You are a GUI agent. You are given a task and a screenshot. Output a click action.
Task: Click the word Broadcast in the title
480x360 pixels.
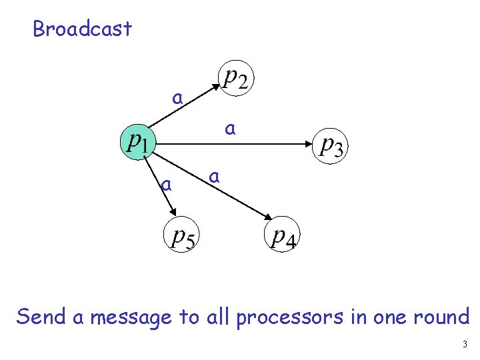pos(82,29)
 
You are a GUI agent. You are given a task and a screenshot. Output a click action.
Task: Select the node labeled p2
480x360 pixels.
pos(235,79)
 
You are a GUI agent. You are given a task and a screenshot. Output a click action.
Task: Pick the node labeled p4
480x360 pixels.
pos(283,236)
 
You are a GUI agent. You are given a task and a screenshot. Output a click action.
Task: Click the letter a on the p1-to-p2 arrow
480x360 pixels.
pos(177,98)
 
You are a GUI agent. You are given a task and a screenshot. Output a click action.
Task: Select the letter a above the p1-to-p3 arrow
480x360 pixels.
pos(230,128)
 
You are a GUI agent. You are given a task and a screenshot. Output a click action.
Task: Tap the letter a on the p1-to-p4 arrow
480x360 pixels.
pos(213,177)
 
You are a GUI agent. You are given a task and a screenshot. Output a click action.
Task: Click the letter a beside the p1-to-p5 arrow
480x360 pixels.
pos(167,184)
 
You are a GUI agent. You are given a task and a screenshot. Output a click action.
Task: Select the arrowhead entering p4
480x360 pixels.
pos(268,218)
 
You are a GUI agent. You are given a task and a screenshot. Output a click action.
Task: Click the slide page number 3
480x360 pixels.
pos(464,345)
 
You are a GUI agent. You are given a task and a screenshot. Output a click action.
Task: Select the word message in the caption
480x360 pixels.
pos(131,317)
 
